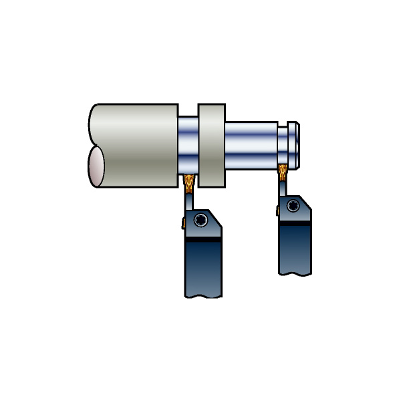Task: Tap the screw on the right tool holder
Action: coord(293,206)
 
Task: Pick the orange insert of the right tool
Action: coord(283,170)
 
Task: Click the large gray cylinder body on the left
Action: coord(137,144)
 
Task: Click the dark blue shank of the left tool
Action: coord(203,267)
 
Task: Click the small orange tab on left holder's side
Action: coord(182,223)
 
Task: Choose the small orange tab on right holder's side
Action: coord(278,210)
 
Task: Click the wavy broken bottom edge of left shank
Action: coord(203,295)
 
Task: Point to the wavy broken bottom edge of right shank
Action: coord(295,273)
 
